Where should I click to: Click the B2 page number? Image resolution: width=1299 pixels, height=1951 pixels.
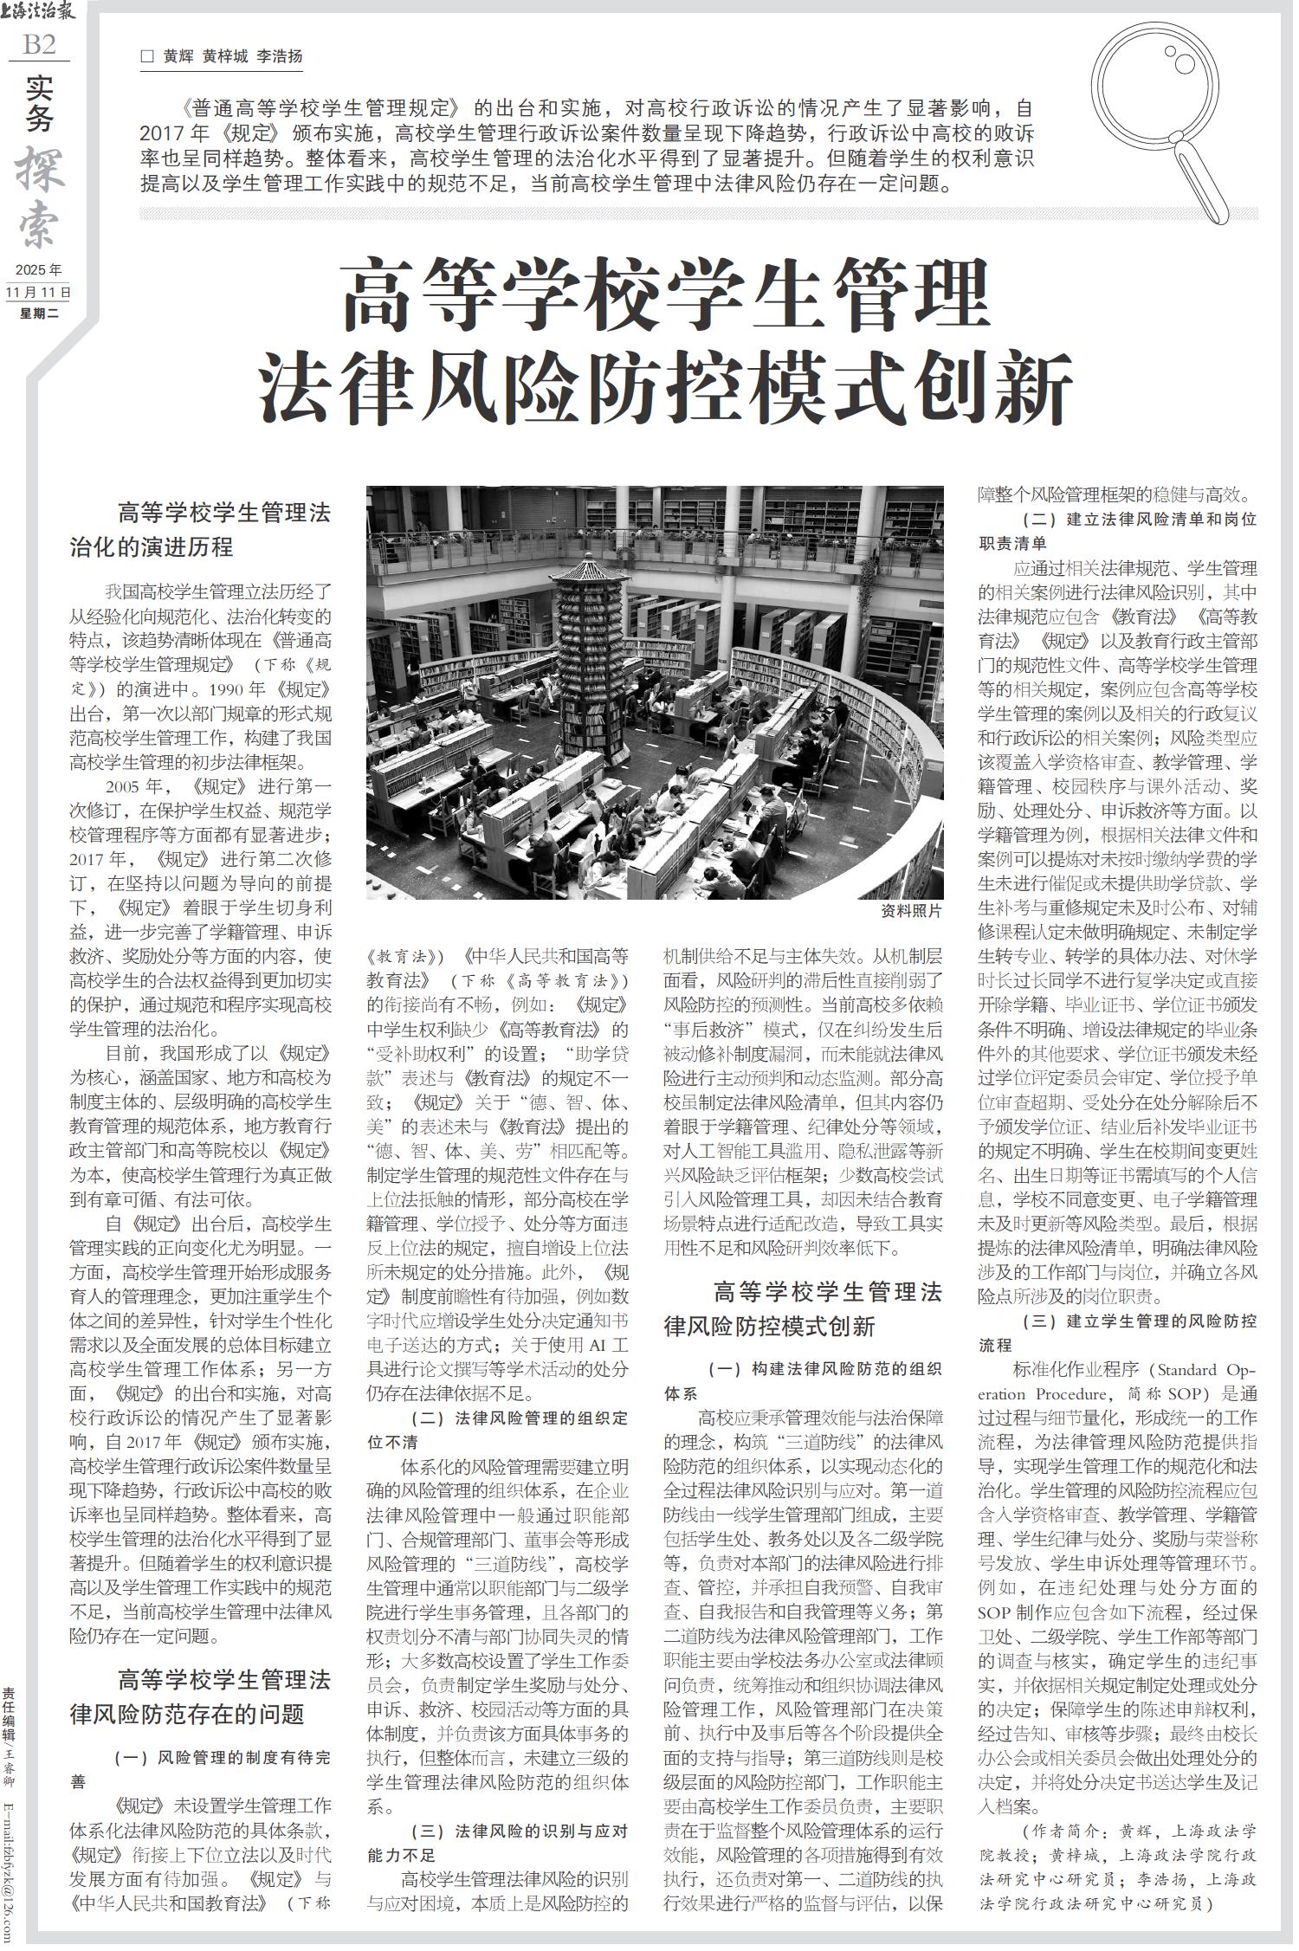[39, 44]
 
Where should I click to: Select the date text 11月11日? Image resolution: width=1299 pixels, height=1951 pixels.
[39, 292]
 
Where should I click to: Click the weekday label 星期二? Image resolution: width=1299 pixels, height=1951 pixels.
[39, 313]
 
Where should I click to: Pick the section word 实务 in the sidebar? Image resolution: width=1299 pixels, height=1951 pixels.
[39, 102]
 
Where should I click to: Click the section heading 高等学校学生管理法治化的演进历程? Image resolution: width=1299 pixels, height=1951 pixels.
[201, 530]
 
